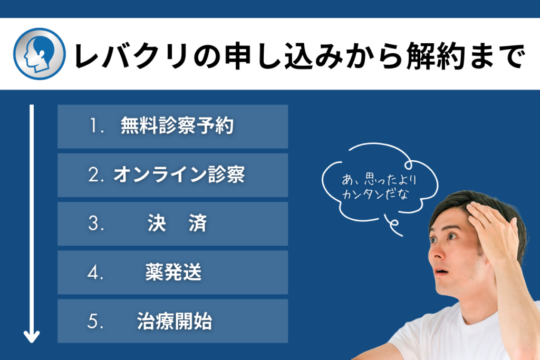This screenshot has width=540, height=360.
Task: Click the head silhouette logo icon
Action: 39,54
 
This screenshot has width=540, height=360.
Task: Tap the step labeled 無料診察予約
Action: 177,125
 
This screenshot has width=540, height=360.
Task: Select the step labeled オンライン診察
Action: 179,174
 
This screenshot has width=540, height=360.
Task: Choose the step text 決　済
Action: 177,223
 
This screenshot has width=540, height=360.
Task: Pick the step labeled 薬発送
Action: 173,272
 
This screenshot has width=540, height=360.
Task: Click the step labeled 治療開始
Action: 174,321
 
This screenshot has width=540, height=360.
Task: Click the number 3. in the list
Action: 96,223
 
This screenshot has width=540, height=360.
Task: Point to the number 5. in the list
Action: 95,321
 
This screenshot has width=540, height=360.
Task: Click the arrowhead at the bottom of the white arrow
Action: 32,337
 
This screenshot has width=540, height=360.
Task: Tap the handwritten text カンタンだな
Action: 375,194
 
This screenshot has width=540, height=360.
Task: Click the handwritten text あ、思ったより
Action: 379,179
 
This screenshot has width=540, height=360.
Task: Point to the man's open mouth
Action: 441,272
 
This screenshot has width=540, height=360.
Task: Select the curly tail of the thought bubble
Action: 393,225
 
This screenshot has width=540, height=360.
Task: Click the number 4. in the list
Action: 95,272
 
